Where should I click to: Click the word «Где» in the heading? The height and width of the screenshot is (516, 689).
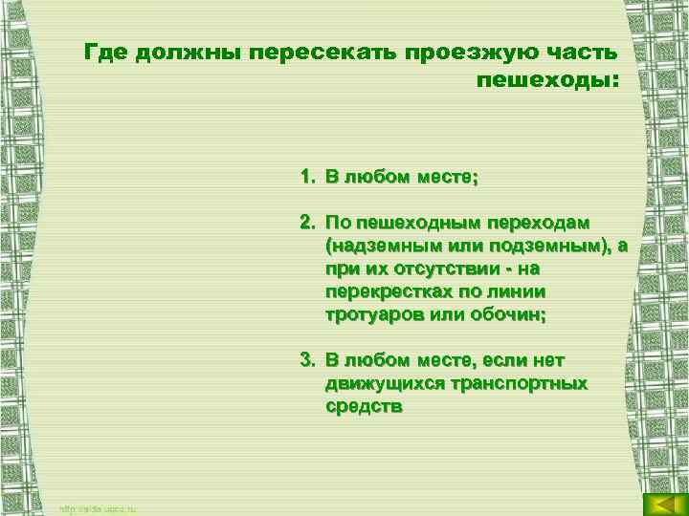coord(103,51)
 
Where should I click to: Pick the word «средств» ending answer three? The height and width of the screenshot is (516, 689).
coord(364,406)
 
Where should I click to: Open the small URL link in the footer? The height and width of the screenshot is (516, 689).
coord(98,509)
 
